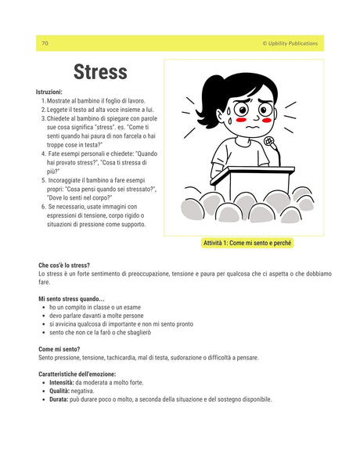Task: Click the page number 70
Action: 45,44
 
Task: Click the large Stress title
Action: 100,73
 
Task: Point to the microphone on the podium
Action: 268,143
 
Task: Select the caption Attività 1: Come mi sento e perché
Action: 247,243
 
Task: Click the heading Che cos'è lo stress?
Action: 63,266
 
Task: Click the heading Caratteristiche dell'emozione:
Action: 81,374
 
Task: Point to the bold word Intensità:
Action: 62,382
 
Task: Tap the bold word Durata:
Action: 59,399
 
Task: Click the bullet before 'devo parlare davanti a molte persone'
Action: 42,316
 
